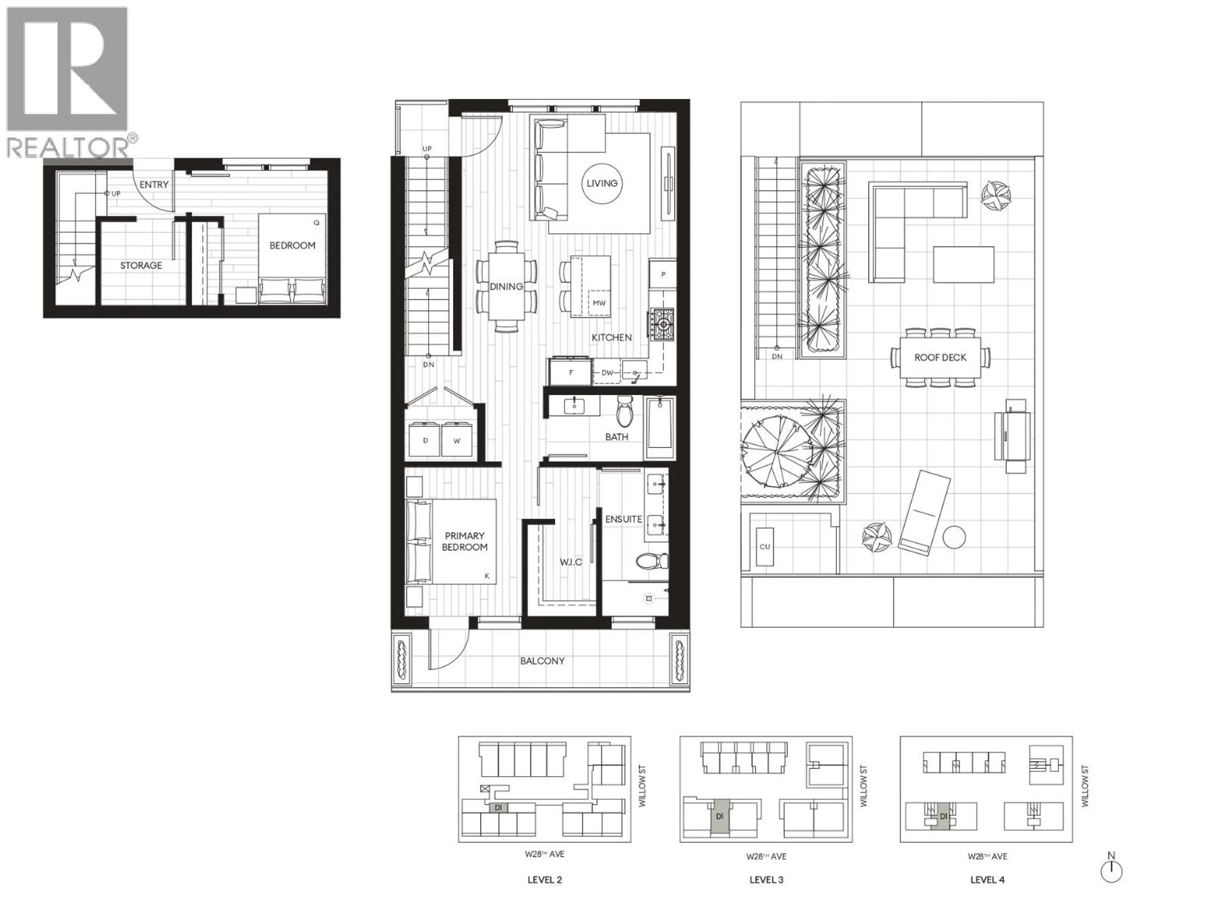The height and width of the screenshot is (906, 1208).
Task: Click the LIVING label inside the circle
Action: (602, 183)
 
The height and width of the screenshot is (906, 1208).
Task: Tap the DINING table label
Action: (506, 286)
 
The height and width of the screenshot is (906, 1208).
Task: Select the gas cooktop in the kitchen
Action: (662, 325)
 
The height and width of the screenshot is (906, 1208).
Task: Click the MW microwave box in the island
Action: (599, 303)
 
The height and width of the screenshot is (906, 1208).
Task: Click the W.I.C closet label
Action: (571, 562)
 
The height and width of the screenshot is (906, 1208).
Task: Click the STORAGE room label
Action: (141, 266)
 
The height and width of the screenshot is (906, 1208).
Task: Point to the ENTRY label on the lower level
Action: (154, 185)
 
